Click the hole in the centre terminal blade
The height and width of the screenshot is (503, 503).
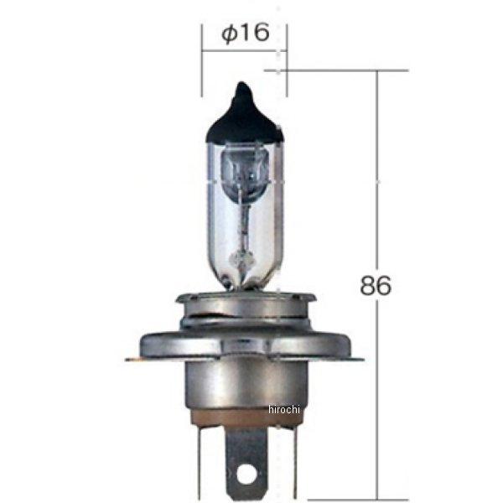pos(246,474)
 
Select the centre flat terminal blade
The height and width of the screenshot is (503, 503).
pos(246,457)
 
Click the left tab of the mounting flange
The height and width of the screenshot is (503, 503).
pos(136,358)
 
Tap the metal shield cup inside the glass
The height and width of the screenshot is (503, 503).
pos(244,167)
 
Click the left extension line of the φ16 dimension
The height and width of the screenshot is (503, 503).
pos(202,63)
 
